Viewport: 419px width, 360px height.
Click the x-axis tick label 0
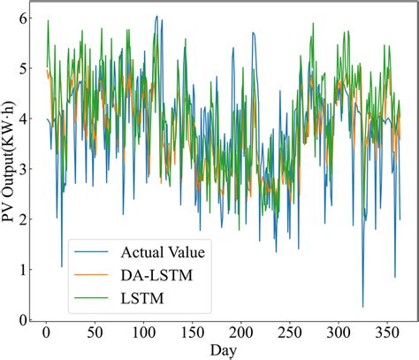click(46, 332)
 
